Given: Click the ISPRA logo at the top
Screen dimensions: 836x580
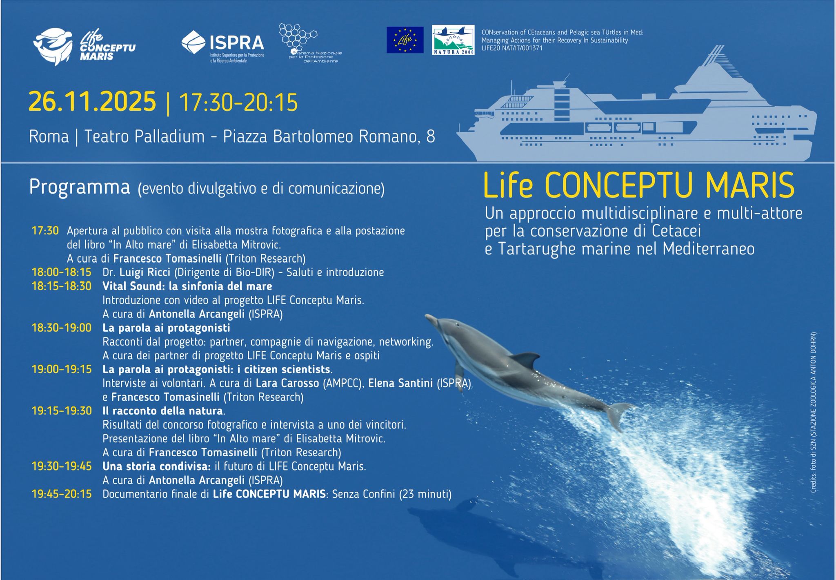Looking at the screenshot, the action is (x=223, y=46).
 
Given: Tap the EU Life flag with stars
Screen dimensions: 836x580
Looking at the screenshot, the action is (x=405, y=40).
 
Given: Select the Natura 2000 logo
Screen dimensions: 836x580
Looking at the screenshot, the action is (x=453, y=40).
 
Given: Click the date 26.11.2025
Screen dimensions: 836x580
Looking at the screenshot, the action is (x=92, y=102).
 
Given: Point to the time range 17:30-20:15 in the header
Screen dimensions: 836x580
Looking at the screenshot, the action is (x=238, y=103).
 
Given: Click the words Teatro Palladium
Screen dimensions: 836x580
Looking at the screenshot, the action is (x=144, y=136).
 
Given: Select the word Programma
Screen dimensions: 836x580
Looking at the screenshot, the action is (x=80, y=187).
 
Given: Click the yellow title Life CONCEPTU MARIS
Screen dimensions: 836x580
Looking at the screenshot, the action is (x=639, y=185).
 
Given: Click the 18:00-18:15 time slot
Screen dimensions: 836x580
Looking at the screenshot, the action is (x=62, y=272).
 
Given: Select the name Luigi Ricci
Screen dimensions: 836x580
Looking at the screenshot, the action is (x=145, y=272).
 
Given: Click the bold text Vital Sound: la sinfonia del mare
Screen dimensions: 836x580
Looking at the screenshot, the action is (x=187, y=286).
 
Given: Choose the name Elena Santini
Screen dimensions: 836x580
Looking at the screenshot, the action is (x=400, y=383).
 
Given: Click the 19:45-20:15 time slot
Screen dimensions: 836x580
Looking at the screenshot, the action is (x=62, y=494).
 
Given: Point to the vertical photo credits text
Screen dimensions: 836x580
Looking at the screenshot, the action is (x=813, y=413).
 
